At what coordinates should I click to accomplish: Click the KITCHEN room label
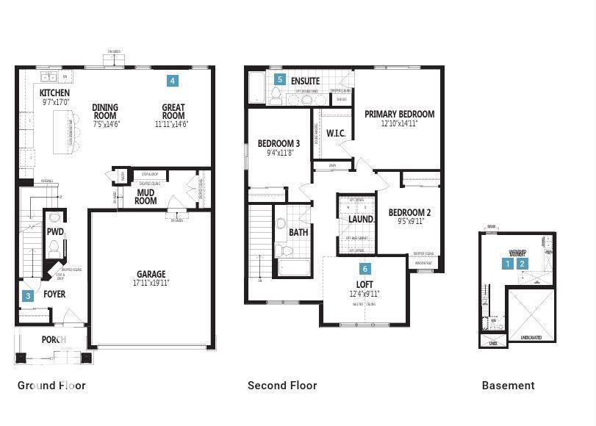click(x=54, y=93)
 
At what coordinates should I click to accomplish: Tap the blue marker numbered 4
click(x=172, y=80)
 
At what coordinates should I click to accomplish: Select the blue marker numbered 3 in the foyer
click(x=28, y=296)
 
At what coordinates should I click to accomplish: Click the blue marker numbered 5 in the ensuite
click(x=279, y=79)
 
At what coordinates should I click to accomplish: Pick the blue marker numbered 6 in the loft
click(x=365, y=269)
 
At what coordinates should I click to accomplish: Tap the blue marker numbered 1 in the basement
click(x=507, y=263)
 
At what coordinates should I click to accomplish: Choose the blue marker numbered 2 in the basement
click(x=523, y=263)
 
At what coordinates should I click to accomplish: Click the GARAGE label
click(x=151, y=275)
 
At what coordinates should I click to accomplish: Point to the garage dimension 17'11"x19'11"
click(x=151, y=283)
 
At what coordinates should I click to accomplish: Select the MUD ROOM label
click(x=146, y=196)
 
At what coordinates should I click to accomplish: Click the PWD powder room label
click(x=55, y=231)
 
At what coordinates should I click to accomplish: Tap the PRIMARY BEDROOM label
click(x=399, y=114)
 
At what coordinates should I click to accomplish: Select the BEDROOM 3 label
click(x=279, y=143)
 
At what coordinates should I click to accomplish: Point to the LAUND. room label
click(x=361, y=219)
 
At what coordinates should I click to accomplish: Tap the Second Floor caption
click(x=282, y=386)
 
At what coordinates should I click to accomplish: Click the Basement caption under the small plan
click(x=508, y=386)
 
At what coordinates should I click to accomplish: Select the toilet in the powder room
click(x=54, y=248)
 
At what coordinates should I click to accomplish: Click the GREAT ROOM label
click(x=173, y=112)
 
